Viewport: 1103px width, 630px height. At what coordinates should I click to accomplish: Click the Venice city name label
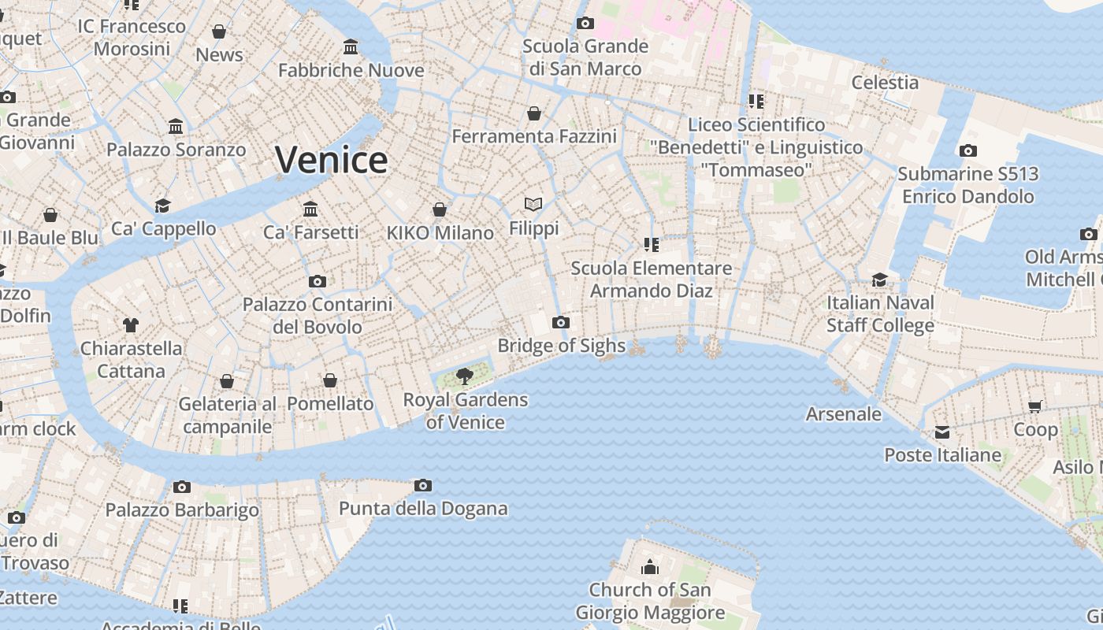tap(331, 160)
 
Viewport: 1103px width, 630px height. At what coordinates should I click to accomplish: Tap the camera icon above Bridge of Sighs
tap(561, 322)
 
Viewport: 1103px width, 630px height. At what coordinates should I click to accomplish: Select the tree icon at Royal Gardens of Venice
tap(465, 376)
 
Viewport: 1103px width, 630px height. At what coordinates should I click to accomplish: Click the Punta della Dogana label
tap(423, 509)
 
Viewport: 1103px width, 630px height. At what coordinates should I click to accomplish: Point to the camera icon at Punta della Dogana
tap(423, 485)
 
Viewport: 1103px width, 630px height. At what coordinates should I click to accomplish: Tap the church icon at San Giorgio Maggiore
tap(650, 567)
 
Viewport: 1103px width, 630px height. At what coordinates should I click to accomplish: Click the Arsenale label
tap(843, 413)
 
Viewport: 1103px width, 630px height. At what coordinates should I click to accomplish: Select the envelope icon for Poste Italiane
tap(942, 432)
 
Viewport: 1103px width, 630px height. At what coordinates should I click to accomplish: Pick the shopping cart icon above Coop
tap(1035, 406)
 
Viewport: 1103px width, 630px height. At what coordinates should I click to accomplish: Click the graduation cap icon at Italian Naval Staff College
tap(880, 280)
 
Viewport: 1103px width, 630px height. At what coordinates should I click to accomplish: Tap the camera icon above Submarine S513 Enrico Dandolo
tap(968, 150)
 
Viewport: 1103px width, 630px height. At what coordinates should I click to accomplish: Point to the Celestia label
tap(885, 82)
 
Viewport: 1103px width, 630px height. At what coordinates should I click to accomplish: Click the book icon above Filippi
tap(533, 205)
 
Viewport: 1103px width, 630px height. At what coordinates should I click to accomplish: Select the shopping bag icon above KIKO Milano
tap(440, 209)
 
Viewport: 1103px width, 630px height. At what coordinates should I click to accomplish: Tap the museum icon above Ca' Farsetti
tap(310, 209)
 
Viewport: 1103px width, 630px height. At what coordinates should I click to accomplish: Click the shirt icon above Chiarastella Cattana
tap(131, 324)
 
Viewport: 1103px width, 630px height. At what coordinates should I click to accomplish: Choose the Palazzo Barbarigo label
tap(182, 510)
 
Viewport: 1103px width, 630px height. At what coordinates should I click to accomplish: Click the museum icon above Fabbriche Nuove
tap(351, 47)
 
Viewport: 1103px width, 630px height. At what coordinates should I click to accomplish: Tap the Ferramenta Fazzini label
tap(534, 136)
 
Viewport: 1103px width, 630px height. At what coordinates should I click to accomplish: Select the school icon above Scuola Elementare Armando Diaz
tap(651, 244)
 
